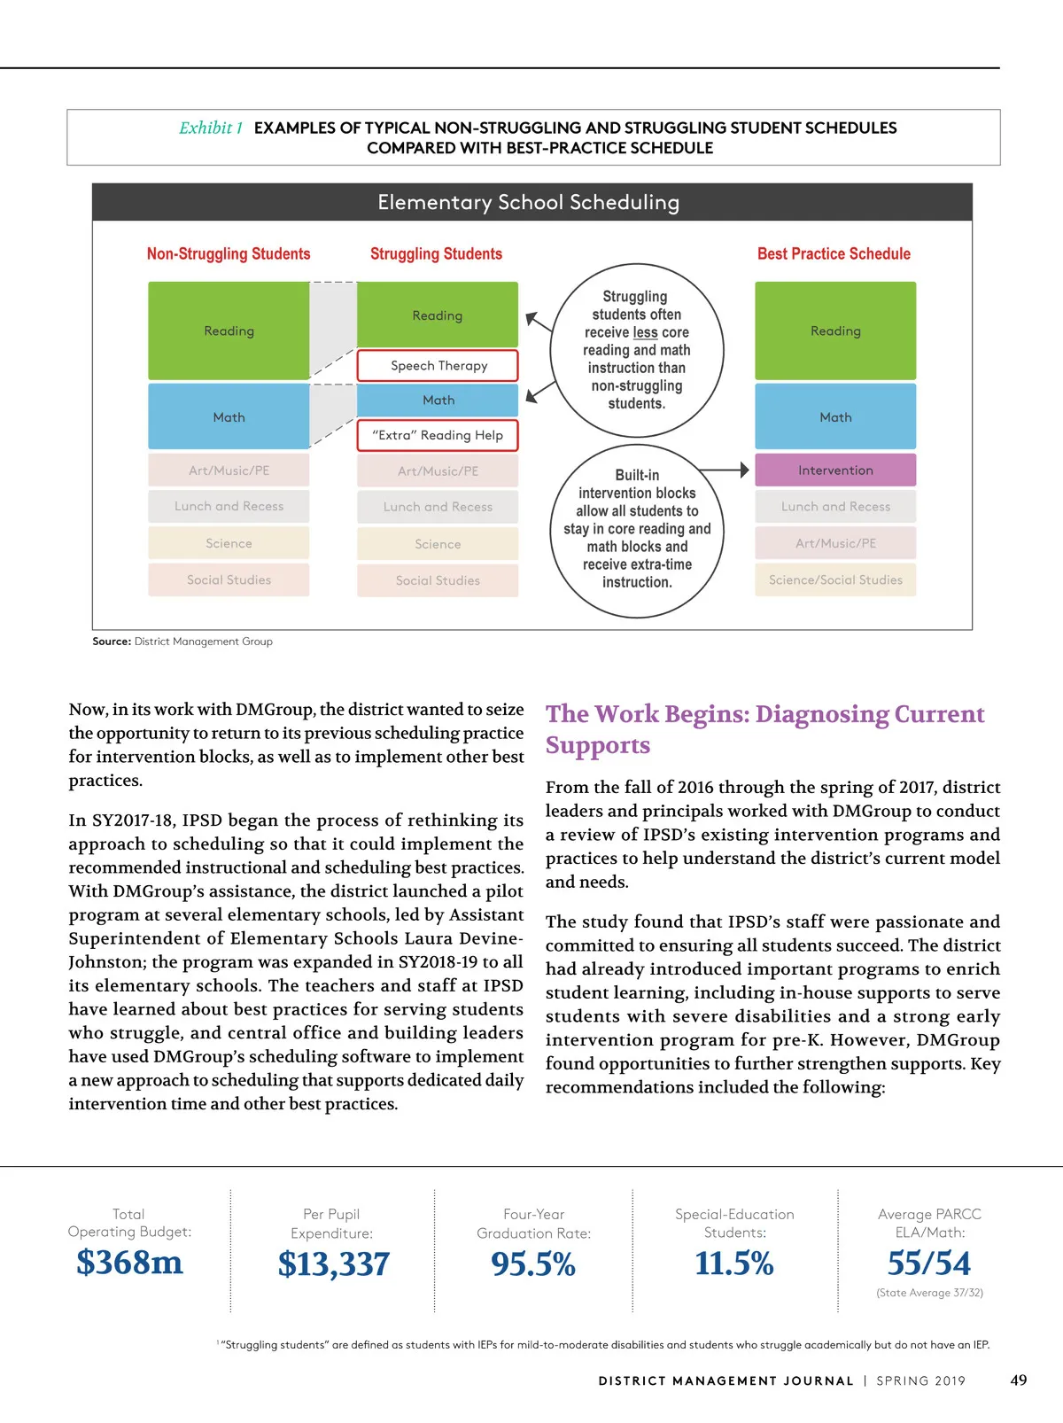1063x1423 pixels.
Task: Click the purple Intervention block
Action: (834, 470)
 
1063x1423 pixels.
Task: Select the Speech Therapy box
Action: (438, 366)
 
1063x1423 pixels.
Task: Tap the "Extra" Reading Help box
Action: (438, 435)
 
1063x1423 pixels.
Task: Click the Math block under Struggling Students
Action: (438, 400)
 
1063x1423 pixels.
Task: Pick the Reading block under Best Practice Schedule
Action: (834, 330)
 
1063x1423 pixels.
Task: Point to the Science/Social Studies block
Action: (834, 580)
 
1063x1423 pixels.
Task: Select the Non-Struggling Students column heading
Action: (229, 254)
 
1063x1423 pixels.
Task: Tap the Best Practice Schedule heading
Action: (834, 254)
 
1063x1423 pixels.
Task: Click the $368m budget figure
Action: (129, 1263)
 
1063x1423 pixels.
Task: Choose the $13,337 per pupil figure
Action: (333, 1264)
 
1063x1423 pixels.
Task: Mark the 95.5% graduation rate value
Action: (533, 1264)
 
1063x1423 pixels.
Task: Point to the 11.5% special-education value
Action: (734, 1264)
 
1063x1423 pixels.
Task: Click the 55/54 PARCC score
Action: (929, 1264)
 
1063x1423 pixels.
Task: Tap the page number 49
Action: (1019, 1380)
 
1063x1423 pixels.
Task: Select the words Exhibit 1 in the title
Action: (211, 128)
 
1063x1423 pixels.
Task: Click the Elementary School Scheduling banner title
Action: (529, 203)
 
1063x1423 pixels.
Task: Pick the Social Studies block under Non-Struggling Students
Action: (229, 580)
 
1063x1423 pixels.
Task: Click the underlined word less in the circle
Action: (645, 332)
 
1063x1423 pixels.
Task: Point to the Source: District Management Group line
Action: (182, 642)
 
